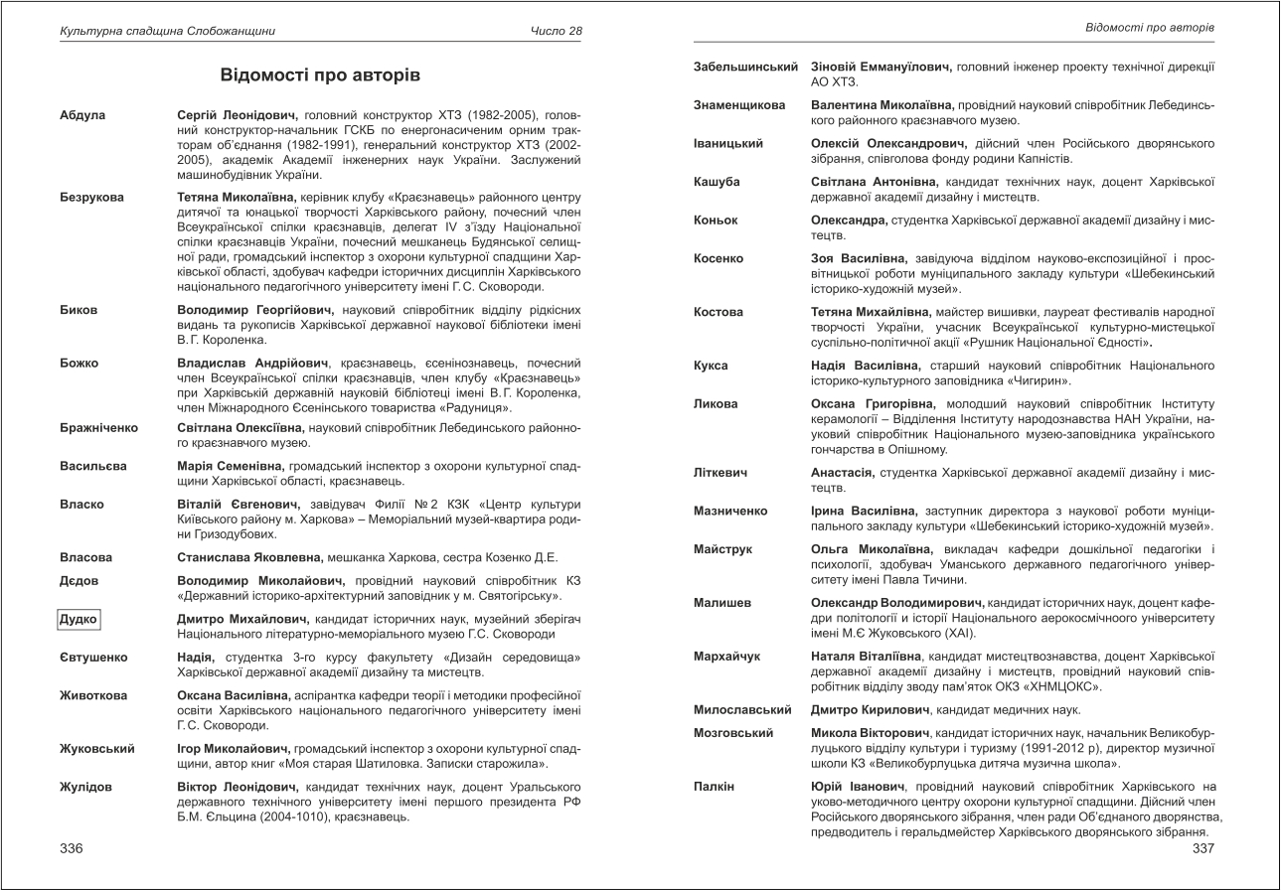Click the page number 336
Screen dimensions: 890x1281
[71, 848]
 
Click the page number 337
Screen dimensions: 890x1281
[1202, 848]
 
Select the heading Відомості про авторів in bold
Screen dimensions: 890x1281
[320, 75]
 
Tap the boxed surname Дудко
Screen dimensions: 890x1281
[80, 620]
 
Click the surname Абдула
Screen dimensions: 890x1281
[81, 116]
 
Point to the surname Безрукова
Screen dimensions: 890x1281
[91, 198]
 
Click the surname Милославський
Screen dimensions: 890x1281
[742, 710]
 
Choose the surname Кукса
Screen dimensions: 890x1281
[711, 366]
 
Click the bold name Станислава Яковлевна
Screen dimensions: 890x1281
[235, 557]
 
